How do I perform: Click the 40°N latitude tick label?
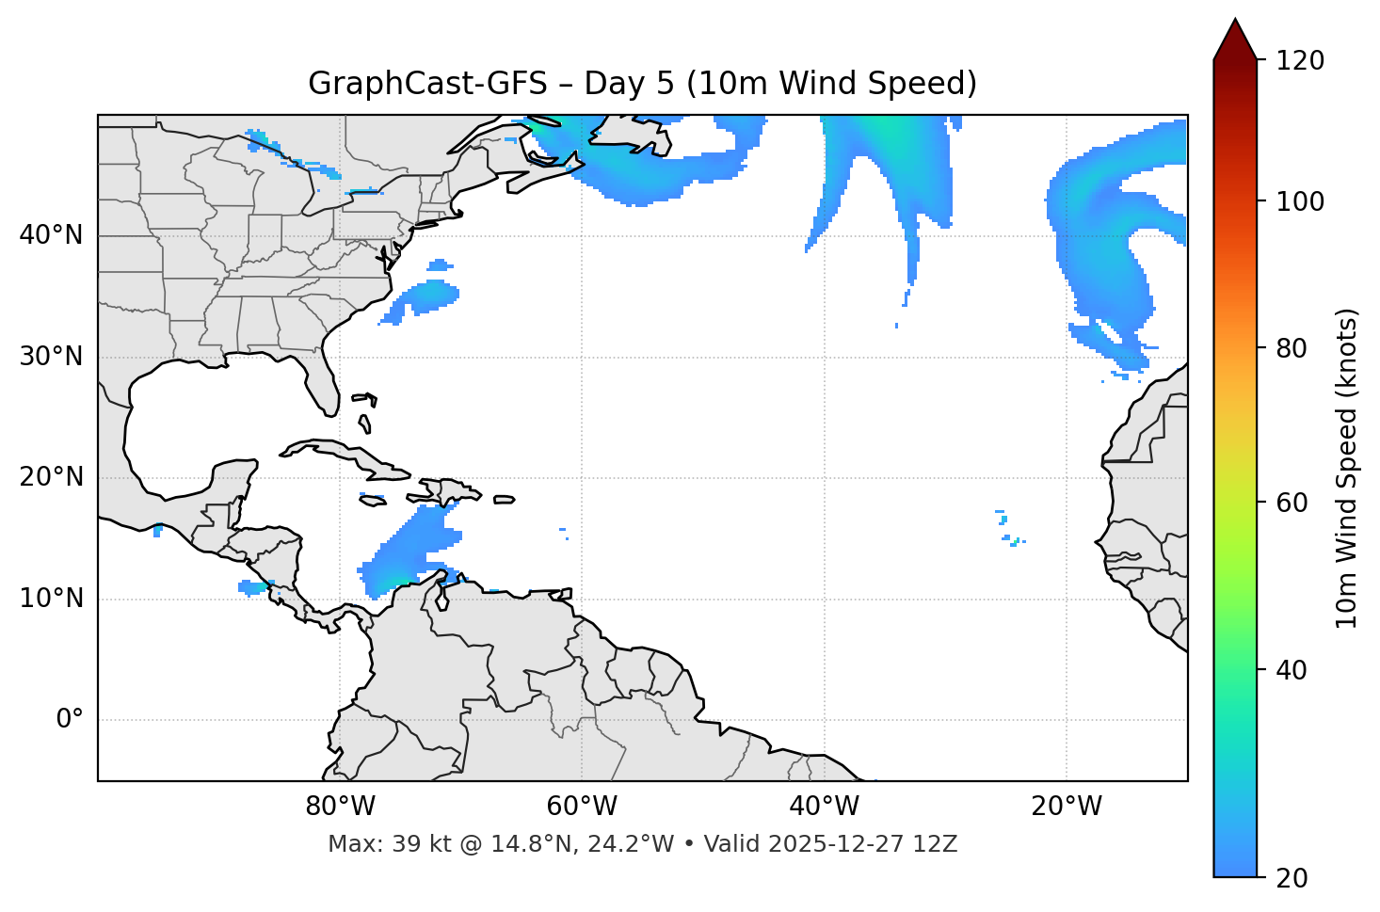coord(51,235)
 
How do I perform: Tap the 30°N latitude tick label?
coord(51,357)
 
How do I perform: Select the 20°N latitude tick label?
coord(51,477)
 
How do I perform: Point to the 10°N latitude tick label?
coord(51,599)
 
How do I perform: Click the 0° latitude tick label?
coord(70,720)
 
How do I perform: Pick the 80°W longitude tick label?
coord(340,807)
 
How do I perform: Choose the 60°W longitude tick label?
coord(582,807)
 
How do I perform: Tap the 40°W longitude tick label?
coord(824,807)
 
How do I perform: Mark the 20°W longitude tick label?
coord(1066,807)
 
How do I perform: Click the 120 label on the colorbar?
coord(1299,61)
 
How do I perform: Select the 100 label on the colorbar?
coord(1299,201)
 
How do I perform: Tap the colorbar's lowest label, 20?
coord(1292,878)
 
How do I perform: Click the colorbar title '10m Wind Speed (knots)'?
coord(1347,469)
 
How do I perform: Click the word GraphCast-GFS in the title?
coord(427,84)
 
